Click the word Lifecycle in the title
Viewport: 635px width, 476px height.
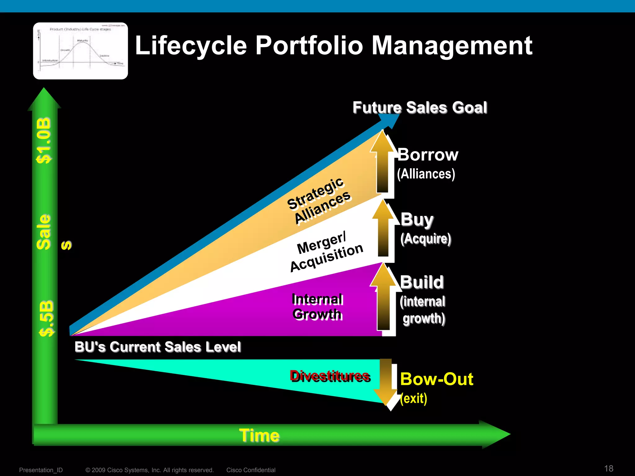(191, 46)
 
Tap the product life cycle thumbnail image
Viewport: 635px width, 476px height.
(80, 51)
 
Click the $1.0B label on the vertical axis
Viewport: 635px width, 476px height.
(44, 140)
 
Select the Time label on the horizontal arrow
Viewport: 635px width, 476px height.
(259, 435)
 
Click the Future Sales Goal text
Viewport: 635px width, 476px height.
(420, 108)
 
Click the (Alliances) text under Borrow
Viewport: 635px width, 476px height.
(426, 174)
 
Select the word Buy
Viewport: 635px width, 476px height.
(417, 219)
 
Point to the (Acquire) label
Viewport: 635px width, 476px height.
(425, 239)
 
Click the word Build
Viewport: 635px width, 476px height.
(422, 282)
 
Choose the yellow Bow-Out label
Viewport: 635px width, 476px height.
(437, 379)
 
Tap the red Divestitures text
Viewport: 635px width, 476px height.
(330, 376)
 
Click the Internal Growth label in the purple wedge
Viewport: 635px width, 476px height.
(317, 307)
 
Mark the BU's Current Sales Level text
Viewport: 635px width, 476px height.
(158, 347)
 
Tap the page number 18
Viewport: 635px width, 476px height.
(609, 468)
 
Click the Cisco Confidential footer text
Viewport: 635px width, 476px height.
(251, 470)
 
